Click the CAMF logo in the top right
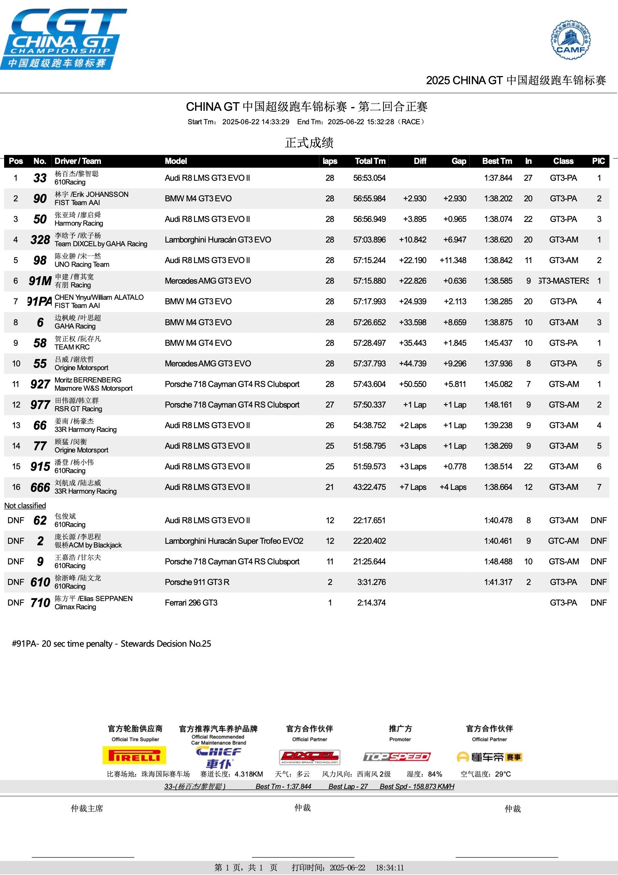coord(571,40)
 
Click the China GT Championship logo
coord(64,39)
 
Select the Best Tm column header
coord(497,161)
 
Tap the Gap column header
coord(458,161)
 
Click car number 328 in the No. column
coord(40,240)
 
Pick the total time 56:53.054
coord(369,178)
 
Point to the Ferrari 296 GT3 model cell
coord(191,603)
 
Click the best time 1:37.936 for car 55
coord(498,363)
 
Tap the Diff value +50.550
coord(412,384)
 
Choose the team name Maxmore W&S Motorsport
coord(94,388)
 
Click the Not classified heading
coord(25,506)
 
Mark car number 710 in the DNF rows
coord(40,603)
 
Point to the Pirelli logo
coord(135,755)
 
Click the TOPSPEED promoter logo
coord(396,756)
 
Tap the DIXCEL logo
coord(310,757)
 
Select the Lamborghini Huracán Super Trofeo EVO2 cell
coord(234,541)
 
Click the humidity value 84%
coord(435,774)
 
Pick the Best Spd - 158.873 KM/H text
coord(416,786)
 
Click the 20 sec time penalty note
coord(111,644)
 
